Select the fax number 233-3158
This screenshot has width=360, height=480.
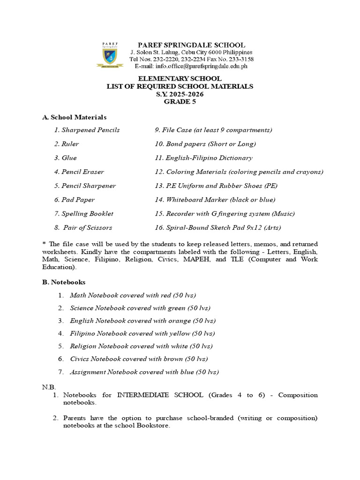click(242, 60)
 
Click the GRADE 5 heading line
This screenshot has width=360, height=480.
click(180, 102)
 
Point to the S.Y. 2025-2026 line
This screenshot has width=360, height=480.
click(180, 94)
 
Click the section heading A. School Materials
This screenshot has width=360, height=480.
click(75, 117)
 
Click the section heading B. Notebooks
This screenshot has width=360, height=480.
click(64, 282)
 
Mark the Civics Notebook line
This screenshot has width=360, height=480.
click(138, 359)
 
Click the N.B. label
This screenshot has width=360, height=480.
click(49, 387)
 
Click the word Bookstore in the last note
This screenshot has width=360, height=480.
click(153, 426)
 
